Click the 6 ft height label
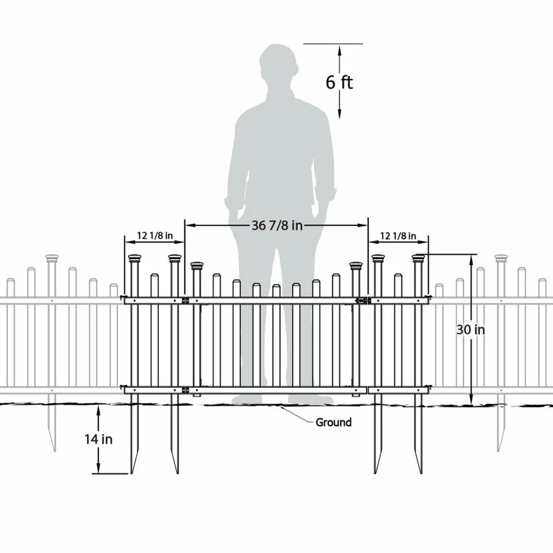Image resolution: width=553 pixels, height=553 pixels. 339,82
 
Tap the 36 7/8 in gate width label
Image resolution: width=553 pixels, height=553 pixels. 277,225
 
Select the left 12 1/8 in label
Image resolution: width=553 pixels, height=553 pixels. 155,236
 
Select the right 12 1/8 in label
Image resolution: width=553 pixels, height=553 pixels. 398,236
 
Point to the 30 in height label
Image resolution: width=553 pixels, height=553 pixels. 471,330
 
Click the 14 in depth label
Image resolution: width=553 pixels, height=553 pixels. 98,439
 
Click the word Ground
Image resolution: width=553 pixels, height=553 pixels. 333,422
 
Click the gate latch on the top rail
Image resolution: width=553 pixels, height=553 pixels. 362,301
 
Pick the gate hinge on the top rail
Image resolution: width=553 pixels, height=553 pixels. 185,301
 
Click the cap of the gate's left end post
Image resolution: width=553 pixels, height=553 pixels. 197,265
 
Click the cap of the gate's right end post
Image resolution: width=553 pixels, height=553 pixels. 356,265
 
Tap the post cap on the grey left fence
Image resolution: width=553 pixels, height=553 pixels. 52,258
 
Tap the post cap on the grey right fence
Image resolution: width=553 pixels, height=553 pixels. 500,258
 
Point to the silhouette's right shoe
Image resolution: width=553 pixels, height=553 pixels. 310,400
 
